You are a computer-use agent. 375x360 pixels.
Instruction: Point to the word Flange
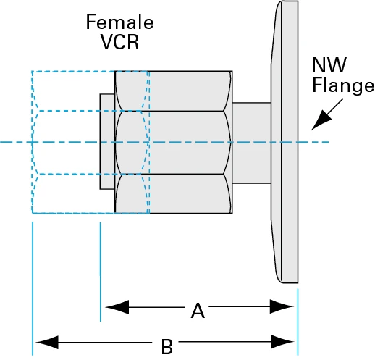pos(342,86)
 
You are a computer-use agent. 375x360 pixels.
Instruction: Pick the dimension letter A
pos(197,311)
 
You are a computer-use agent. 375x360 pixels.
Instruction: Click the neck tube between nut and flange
pos(250,142)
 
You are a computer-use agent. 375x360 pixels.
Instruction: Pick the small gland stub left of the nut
pos(107,142)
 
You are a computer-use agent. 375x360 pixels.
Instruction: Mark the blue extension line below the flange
pos(298,319)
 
